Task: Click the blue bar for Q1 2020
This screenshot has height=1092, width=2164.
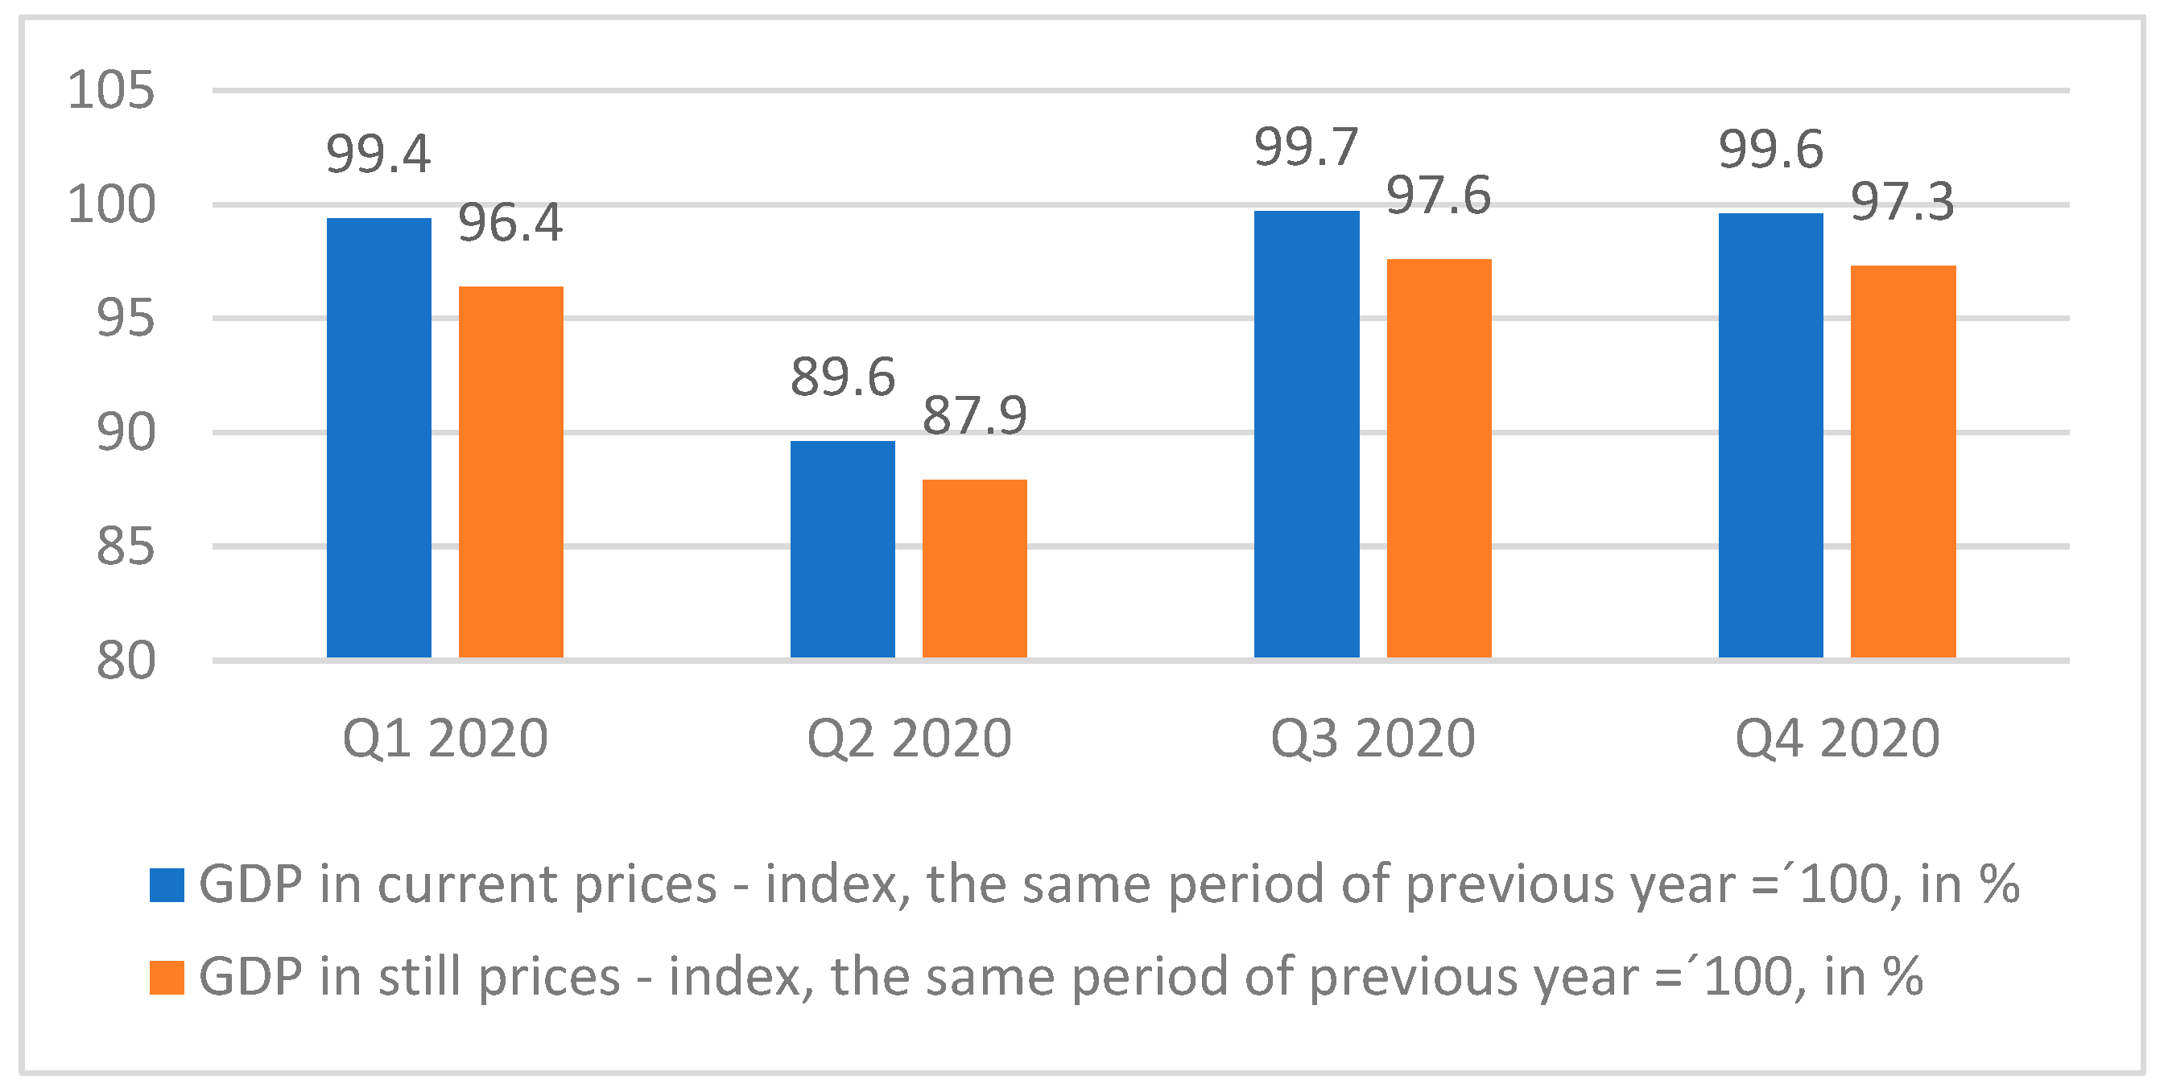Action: tap(379, 438)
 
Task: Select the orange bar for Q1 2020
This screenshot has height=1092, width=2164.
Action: tap(510, 472)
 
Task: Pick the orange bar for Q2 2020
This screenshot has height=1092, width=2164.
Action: tap(974, 568)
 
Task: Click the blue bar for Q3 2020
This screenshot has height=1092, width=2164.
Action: tap(1307, 434)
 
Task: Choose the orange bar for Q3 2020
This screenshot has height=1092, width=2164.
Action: tap(1439, 458)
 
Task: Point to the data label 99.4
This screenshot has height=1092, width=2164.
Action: tap(378, 155)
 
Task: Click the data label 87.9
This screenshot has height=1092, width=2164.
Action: tap(974, 415)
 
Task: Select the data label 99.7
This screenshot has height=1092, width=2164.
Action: tap(1307, 148)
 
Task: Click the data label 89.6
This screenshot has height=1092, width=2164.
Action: tap(843, 377)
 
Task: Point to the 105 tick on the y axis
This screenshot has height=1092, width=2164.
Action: tap(111, 90)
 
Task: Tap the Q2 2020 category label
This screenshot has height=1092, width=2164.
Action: tap(909, 739)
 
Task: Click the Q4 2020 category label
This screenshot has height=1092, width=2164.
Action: tap(1837, 739)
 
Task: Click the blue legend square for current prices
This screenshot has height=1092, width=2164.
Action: tap(167, 884)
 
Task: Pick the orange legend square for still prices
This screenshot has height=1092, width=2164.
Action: tap(167, 977)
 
